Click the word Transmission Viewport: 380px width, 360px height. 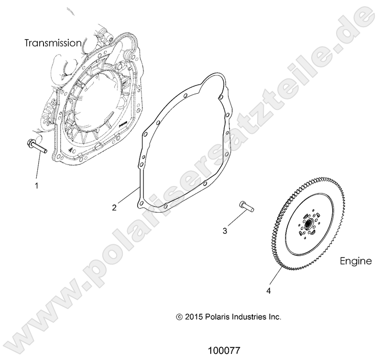53,43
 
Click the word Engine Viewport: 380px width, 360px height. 356,261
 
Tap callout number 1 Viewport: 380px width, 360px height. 36,185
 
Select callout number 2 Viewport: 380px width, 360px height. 114,207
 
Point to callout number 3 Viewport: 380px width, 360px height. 225,231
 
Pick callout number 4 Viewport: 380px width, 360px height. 269,290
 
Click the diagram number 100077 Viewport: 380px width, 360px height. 224,350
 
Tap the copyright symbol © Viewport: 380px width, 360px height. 179,316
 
